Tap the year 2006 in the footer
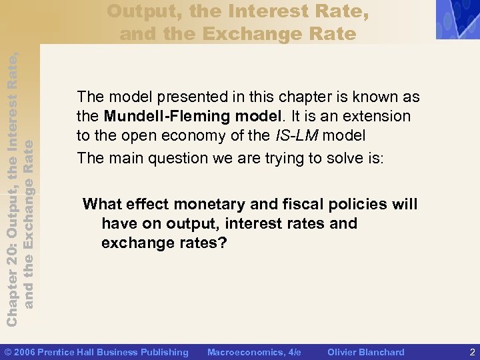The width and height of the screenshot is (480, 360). click(x=25, y=352)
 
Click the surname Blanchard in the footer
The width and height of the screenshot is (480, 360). click(x=381, y=352)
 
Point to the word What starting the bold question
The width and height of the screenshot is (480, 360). click(x=101, y=204)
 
